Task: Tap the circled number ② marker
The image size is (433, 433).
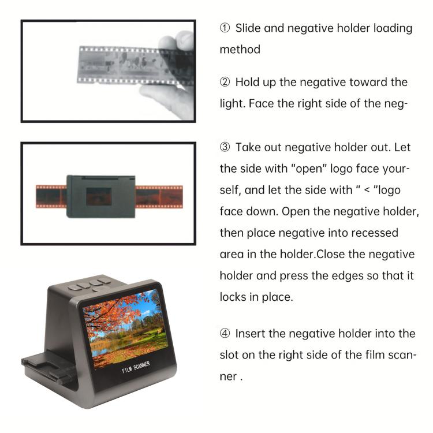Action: [225, 83]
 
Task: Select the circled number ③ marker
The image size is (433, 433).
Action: [225, 148]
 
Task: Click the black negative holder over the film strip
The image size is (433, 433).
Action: [101, 196]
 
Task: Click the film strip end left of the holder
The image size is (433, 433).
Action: [51, 196]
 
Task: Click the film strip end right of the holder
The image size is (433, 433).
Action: [159, 196]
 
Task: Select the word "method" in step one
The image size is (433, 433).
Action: [240, 50]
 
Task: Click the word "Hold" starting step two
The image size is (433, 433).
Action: [247, 83]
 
